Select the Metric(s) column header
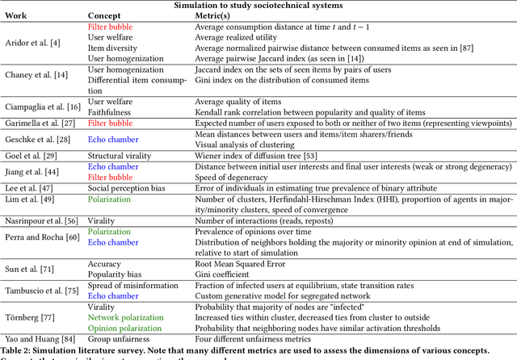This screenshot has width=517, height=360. point(216,16)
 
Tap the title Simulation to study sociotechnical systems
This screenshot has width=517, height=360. point(258,5)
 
